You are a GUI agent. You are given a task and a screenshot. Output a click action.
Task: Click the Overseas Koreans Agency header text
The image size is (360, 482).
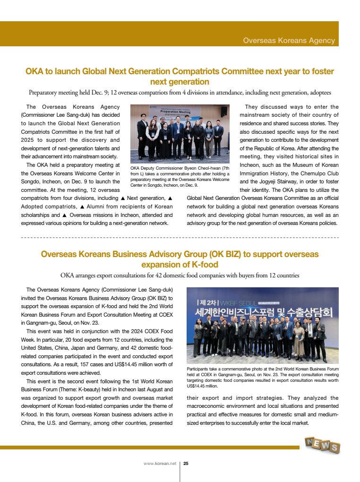coord(289,41)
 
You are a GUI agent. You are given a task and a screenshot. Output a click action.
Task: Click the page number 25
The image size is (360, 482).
coord(186,464)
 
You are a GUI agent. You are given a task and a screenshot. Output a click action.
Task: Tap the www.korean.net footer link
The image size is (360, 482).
coord(160,464)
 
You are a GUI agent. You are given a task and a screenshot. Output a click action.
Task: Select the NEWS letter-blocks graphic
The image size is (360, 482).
coord(323,445)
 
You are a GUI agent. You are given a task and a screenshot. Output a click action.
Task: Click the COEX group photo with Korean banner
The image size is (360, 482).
coord(266,325)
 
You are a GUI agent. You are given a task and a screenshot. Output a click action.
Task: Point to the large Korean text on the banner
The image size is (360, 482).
coord(265,313)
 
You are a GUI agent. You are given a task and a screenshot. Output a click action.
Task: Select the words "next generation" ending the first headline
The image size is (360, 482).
coord(180,82)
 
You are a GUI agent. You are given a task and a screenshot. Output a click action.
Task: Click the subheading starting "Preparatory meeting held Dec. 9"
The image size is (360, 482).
coord(180,93)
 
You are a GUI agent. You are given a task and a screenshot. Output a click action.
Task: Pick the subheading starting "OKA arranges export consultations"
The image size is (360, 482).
coord(180,275)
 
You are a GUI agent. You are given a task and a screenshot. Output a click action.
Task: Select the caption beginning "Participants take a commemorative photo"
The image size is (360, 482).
coord(263,377)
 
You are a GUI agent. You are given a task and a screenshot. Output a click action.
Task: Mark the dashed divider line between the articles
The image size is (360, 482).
coord(180,237)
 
